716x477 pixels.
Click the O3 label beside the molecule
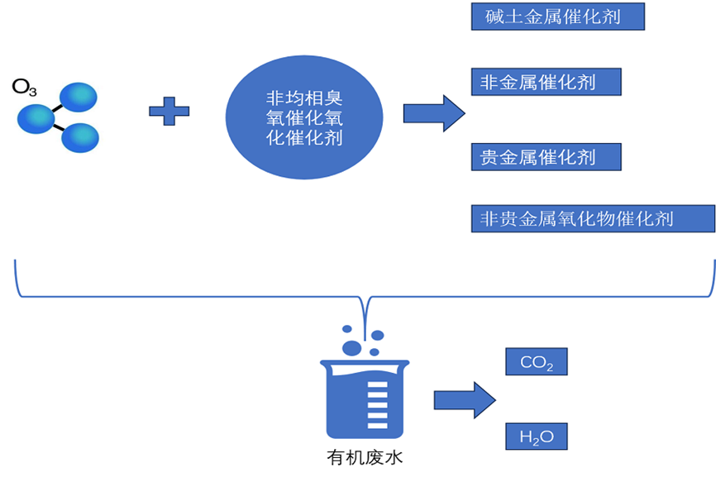point(23,86)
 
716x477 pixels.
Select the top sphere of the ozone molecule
point(77,98)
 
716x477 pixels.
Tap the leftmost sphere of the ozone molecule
point(36,117)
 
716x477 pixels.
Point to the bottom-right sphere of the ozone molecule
point(80,136)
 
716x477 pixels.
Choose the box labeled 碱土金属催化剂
point(557,16)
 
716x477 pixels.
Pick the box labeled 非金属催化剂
point(546,82)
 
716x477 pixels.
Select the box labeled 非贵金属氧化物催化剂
point(592,218)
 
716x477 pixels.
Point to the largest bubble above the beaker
point(352,347)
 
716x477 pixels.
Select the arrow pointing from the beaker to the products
point(465,400)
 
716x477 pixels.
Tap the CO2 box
point(536,362)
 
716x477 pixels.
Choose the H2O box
point(536,436)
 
